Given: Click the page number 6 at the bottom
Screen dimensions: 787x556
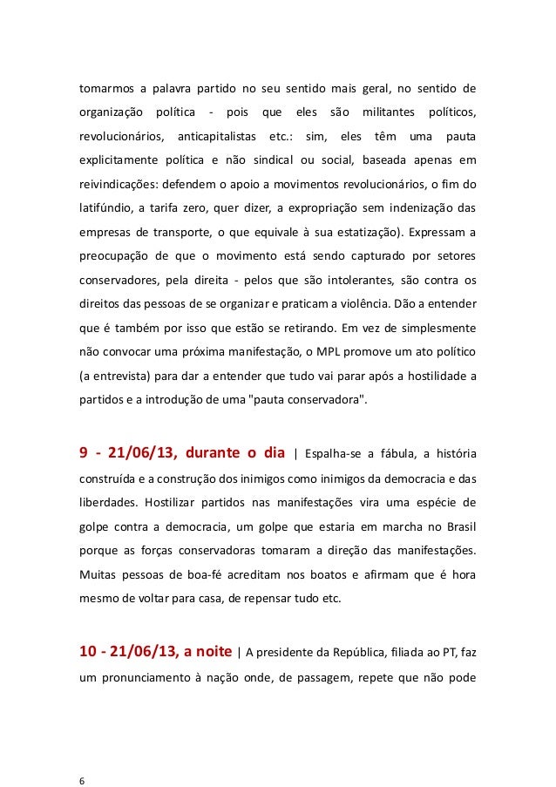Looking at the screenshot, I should click(81, 756).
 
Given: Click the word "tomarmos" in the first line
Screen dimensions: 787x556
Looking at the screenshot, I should click(104, 88).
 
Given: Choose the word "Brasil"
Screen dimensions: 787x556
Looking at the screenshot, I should click(458, 526).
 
